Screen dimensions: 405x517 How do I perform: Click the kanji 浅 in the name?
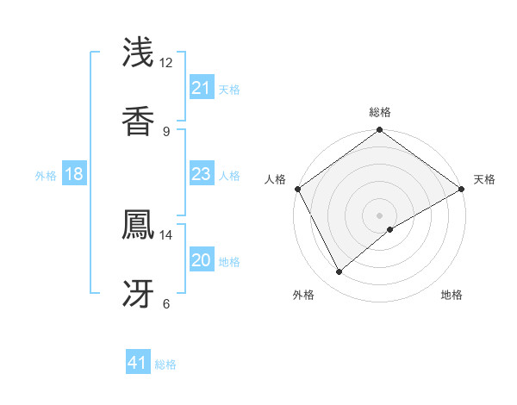pos(139,53)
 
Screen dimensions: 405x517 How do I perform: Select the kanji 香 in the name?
pos(139,121)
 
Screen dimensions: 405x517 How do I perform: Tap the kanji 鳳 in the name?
pos(139,224)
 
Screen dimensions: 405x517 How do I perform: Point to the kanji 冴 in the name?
pos(139,292)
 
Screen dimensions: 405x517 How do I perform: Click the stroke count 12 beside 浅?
pos(166,63)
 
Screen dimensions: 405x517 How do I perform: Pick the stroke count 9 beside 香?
pos(165,131)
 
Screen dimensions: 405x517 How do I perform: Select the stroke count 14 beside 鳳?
pos(166,234)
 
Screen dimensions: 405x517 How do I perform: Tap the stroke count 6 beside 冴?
pos(165,302)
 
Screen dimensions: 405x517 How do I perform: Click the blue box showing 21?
pos(201,88)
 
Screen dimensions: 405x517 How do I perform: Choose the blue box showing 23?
pos(201,175)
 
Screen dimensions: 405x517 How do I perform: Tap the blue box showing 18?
pos(74,175)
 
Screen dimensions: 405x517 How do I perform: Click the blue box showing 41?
pos(138,363)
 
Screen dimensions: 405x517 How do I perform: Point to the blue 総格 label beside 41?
pos(165,364)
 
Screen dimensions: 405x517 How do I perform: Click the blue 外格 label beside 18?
pos(46,176)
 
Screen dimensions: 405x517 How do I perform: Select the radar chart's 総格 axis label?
pos(380,112)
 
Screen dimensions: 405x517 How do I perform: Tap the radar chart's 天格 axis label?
pos(484,179)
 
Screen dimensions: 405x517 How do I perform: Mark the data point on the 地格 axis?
pos(391,229)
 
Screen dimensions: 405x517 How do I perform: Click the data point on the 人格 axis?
pos(297,189)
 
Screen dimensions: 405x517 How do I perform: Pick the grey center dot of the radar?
pos(380,215)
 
